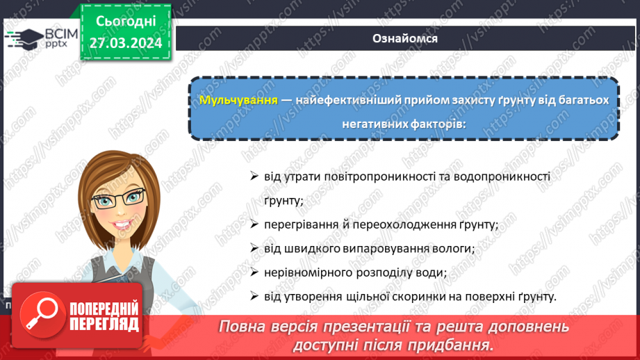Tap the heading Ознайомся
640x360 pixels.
point(405,38)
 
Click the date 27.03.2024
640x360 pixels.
point(125,42)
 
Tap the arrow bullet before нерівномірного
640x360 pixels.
point(254,272)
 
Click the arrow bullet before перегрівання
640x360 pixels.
point(254,224)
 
